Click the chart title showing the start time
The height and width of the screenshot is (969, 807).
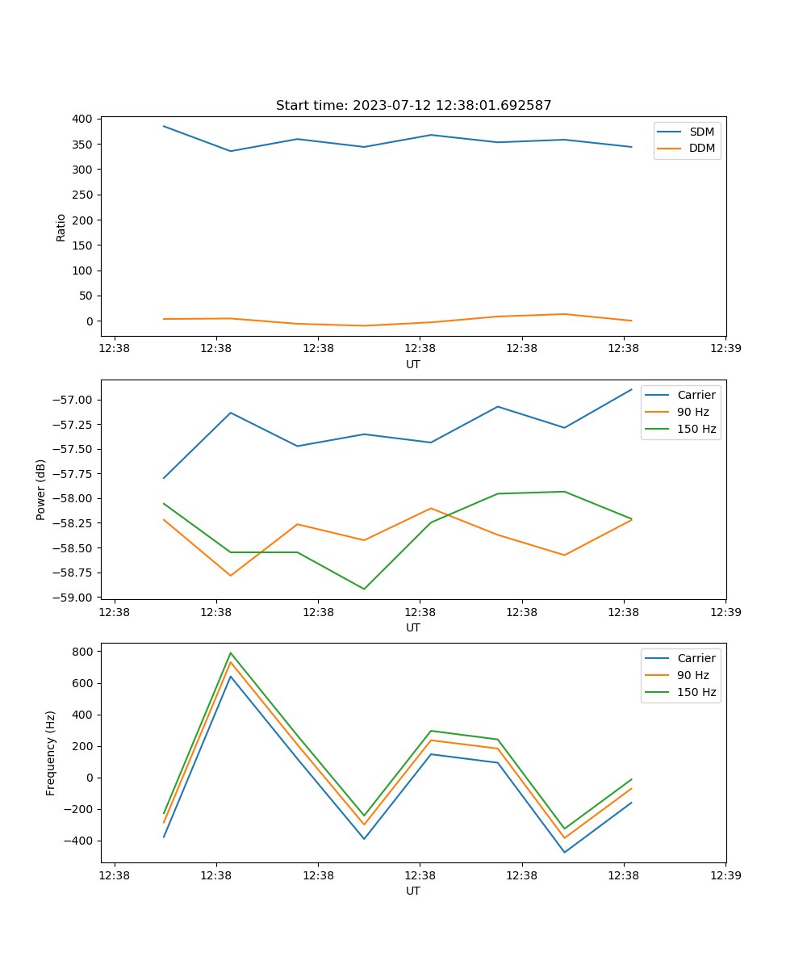pyautogui.click(x=413, y=106)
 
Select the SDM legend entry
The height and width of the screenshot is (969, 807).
pyautogui.click(x=701, y=132)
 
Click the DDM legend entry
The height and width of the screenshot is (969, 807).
pyautogui.click(x=701, y=148)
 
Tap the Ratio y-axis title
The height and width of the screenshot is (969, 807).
pyautogui.click(x=61, y=227)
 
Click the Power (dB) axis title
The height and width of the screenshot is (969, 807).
pyautogui.click(x=41, y=489)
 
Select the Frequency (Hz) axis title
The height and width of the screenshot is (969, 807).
pyautogui.click(x=51, y=753)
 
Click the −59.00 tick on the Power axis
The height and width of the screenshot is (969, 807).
pyautogui.click(x=73, y=598)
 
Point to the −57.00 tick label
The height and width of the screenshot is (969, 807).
pyautogui.click(x=73, y=400)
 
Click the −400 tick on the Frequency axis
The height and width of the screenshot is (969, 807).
pyautogui.click(x=79, y=841)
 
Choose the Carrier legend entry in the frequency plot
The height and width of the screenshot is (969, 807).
pyautogui.click(x=696, y=658)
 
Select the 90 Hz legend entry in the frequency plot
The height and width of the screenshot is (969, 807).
pyautogui.click(x=692, y=675)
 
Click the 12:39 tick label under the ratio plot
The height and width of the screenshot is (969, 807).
pyautogui.click(x=725, y=349)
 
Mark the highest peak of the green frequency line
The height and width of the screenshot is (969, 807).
pyautogui.click(x=231, y=653)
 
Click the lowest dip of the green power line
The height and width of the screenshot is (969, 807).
pyautogui.click(x=364, y=589)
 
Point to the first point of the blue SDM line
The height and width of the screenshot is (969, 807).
pyautogui.click(x=164, y=126)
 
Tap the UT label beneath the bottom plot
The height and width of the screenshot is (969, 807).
pyautogui.click(x=413, y=891)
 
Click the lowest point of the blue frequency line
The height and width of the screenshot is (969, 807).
pyautogui.click(x=564, y=852)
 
